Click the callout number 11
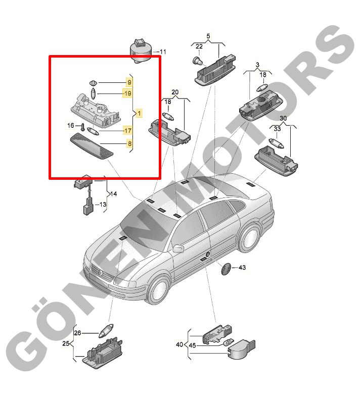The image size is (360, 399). (x=163, y=52)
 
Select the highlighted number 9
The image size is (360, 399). (x=129, y=82)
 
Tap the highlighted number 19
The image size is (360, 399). (x=127, y=93)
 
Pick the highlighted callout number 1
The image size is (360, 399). (x=139, y=113)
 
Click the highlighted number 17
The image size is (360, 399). (x=127, y=131)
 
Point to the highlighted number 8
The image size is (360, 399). (x=129, y=143)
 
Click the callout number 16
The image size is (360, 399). (x=71, y=125)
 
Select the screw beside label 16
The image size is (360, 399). (x=82, y=127)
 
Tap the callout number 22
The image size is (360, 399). (x=199, y=46)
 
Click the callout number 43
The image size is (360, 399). (x=242, y=268)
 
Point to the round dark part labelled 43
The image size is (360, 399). (x=226, y=269)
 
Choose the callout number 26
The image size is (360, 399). (x=77, y=333)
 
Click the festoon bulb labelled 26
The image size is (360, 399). (x=106, y=330)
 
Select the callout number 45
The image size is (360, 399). (x=192, y=345)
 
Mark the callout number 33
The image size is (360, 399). (x=277, y=129)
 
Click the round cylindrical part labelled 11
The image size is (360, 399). (x=141, y=51)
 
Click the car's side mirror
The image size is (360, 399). (x=178, y=248)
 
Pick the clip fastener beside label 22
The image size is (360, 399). (x=198, y=61)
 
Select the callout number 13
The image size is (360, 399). (x=103, y=205)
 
